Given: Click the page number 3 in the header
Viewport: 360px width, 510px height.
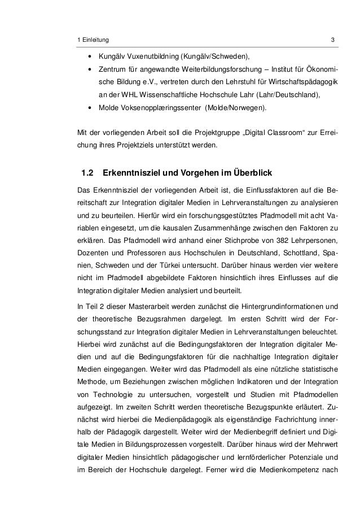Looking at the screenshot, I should (x=333, y=40).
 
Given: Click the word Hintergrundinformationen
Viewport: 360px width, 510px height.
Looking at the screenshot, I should (x=283, y=306).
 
